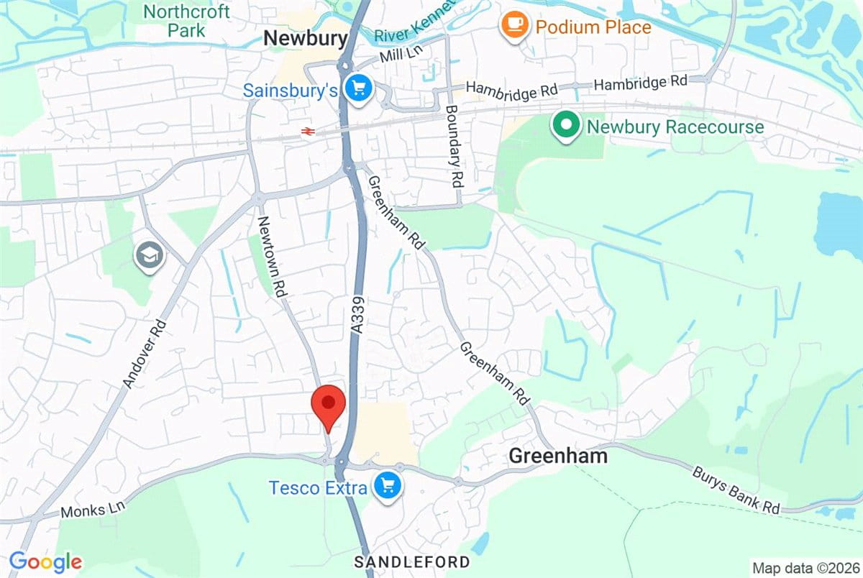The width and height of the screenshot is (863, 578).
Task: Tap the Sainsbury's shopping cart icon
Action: pos(357,89)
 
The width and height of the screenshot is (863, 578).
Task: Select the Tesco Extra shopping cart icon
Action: pos(388,487)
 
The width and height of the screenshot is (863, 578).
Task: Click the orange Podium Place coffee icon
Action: pos(513,27)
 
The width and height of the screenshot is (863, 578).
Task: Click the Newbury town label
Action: pos(305,39)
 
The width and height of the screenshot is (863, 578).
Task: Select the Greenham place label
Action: pos(558,456)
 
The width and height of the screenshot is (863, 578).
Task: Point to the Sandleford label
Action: pos(413,561)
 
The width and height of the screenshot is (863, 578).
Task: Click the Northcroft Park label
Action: pos(186,21)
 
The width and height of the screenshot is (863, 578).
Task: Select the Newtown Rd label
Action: pos(275,256)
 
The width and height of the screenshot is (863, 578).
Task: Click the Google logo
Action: pos(45,561)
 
